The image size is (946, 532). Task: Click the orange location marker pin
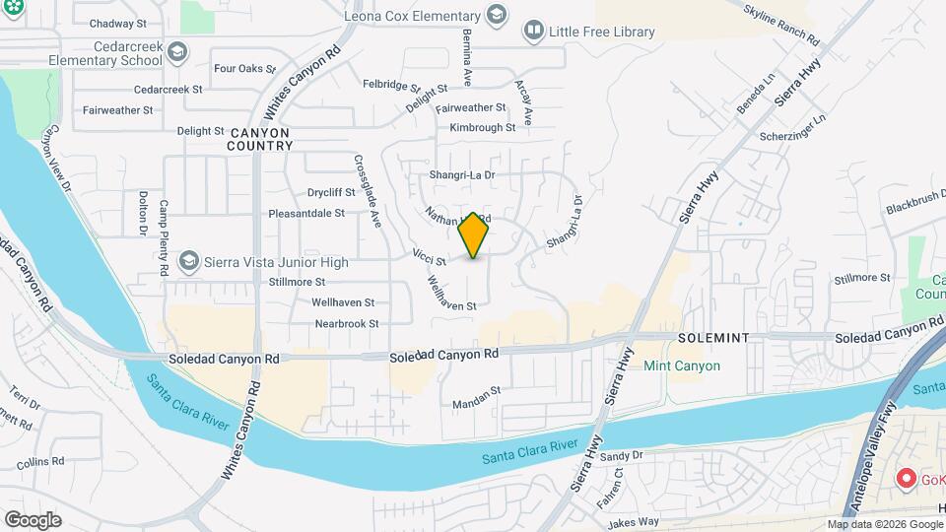(x=474, y=235)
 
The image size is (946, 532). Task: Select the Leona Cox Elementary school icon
(x=497, y=15)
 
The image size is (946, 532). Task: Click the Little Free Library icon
(x=533, y=32)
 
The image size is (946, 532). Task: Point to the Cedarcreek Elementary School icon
(x=176, y=52)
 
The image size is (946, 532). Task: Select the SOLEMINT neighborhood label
(x=713, y=338)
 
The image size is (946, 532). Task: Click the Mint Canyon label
(x=681, y=366)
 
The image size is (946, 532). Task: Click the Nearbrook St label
(x=346, y=323)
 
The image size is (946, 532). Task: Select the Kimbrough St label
(x=482, y=127)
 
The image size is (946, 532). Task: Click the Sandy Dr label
(x=621, y=455)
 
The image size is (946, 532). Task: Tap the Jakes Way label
(x=633, y=521)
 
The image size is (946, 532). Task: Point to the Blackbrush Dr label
(x=914, y=208)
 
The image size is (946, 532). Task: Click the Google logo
(x=32, y=519)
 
